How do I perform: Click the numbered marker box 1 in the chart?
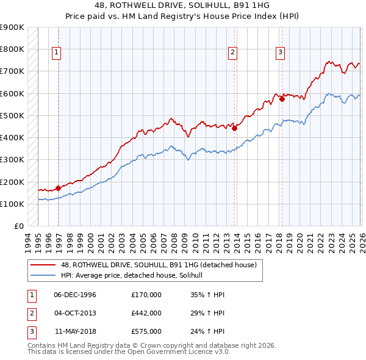pos(56,53)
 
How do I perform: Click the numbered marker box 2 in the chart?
pos(232,53)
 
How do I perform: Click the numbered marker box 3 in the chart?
pos(280,53)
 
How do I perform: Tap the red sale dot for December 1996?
pos(59,188)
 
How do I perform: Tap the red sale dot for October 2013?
pos(235,128)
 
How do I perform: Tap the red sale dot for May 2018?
pos(282,99)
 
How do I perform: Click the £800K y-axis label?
pos(12,49)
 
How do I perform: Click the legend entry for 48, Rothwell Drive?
pos(161,265)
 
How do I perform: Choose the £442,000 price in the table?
pos(146,313)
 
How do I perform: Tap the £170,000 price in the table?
pos(146,295)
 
